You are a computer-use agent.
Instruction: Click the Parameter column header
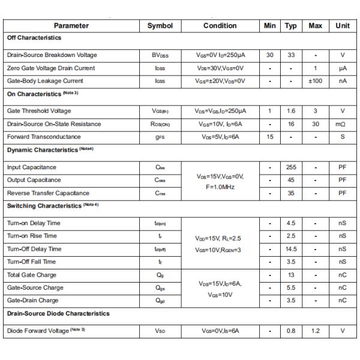click(x=71, y=26)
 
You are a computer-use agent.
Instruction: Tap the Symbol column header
click(x=160, y=26)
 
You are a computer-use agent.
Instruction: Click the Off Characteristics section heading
click(x=34, y=38)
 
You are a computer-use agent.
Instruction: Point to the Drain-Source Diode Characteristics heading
click(x=58, y=314)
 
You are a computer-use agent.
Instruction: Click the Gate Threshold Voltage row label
click(x=39, y=111)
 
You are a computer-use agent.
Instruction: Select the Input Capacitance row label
click(x=32, y=167)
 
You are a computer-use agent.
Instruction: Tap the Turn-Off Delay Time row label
click(x=34, y=249)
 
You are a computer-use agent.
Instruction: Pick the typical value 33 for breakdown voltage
click(x=291, y=55)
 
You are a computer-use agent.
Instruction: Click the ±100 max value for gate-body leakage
click(x=316, y=81)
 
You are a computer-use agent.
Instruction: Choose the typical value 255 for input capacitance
click(x=291, y=167)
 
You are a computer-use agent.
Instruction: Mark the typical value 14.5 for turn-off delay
click(x=291, y=249)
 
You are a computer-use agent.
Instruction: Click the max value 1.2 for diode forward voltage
click(x=316, y=331)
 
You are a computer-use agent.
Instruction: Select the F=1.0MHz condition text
click(x=220, y=187)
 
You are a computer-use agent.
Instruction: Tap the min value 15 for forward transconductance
click(x=270, y=137)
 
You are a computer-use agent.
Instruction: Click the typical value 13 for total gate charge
click(x=291, y=275)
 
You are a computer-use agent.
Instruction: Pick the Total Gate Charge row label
click(x=32, y=275)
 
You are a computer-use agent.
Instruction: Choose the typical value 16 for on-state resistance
click(x=291, y=124)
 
